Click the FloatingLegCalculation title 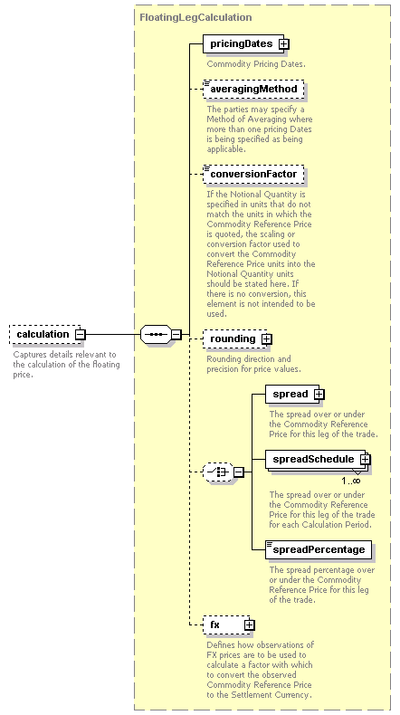tap(195, 17)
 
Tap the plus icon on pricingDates tap(284, 43)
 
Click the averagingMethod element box tap(253, 89)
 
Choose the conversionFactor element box tap(253, 174)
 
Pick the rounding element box tap(235, 338)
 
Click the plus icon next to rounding tap(267, 339)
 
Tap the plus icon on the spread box tap(319, 394)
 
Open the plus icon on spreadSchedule tap(365, 460)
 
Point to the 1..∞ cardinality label tap(351, 481)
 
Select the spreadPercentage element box tap(319, 550)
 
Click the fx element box tap(226, 624)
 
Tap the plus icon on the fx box tap(249, 625)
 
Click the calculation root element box tap(44, 334)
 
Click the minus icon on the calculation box tap(80, 335)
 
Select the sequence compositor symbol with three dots tap(156, 335)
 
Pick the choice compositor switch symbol tap(218, 472)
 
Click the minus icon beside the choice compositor tap(239, 472)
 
